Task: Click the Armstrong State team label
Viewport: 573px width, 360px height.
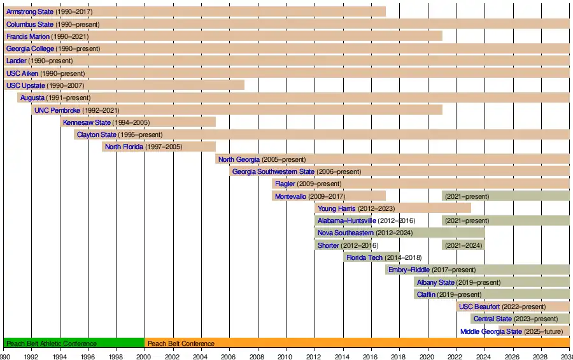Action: (30, 12)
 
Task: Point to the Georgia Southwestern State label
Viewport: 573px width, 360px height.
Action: (273, 171)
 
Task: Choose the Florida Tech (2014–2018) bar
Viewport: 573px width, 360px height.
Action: (372, 257)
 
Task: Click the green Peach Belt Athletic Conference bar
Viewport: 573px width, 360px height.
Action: (74, 343)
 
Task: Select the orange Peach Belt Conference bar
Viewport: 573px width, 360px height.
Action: (357, 343)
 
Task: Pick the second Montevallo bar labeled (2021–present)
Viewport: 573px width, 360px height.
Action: (506, 196)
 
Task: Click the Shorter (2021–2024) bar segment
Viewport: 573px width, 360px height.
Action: (463, 245)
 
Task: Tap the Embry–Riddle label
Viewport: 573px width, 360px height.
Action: (409, 270)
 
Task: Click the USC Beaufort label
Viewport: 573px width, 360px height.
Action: (479, 306)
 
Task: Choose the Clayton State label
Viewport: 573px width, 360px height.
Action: (96, 135)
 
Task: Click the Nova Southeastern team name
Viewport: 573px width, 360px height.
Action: (346, 233)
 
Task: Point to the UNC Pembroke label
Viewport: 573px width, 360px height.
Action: (57, 110)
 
